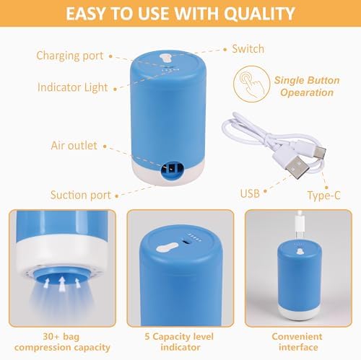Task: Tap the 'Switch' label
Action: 248,50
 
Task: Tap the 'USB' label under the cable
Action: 250,193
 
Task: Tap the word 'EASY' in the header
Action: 87,13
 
